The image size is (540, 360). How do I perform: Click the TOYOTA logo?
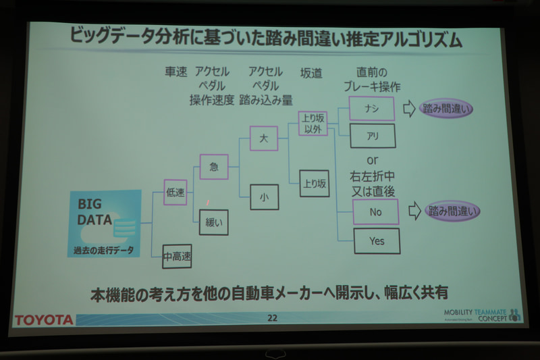pyautogui.click(x=45, y=319)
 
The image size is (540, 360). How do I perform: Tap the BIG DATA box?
pyautogui.click(x=104, y=224)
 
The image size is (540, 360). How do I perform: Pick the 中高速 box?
pyautogui.click(x=177, y=256)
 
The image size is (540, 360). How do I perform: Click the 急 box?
pyautogui.click(x=214, y=167)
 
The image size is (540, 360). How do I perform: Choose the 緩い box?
pyautogui.click(x=214, y=222)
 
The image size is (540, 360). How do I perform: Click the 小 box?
pyautogui.click(x=263, y=197)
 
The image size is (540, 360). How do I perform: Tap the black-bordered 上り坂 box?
pyautogui.click(x=314, y=182)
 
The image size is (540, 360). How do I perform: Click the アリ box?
pyautogui.click(x=372, y=136)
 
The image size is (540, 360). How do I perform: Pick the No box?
pyautogui.click(x=376, y=211)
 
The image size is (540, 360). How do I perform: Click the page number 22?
pyautogui.click(x=271, y=318)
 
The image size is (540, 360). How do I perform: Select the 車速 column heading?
pyautogui.click(x=176, y=72)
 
